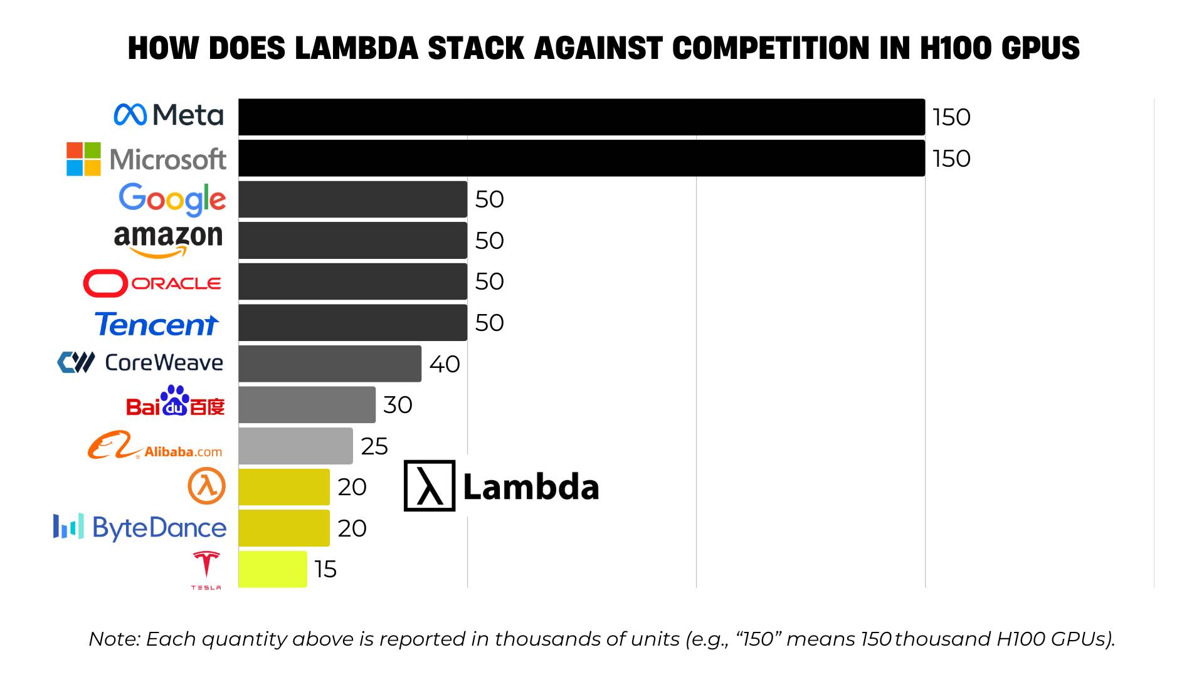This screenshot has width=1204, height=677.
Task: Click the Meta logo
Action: [168, 115]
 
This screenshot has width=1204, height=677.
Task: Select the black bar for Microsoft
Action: [581, 158]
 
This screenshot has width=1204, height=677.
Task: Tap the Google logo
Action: [172, 199]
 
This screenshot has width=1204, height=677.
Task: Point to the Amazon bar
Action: [352, 240]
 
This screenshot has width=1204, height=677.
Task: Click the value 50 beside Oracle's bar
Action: [490, 281]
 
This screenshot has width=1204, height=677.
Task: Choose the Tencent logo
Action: [157, 324]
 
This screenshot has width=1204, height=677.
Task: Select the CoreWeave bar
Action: [330, 364]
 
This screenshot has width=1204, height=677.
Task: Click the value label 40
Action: [445, 364]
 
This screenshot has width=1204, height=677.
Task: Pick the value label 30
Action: [398, 405]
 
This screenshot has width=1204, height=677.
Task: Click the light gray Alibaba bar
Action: [295, 446]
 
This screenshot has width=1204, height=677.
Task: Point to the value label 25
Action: [374, 446]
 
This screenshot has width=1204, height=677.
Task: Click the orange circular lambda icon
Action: [206, 486]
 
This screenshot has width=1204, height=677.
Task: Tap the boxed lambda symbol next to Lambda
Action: [429, 486]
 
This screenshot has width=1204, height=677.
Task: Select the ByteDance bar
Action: [284, 528]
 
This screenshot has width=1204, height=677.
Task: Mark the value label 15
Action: [325, 569]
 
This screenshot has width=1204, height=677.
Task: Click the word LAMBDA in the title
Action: [356, 48]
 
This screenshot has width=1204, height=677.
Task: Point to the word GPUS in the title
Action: [1041, 48]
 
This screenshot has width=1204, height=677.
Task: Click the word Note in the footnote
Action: [115, 639]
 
